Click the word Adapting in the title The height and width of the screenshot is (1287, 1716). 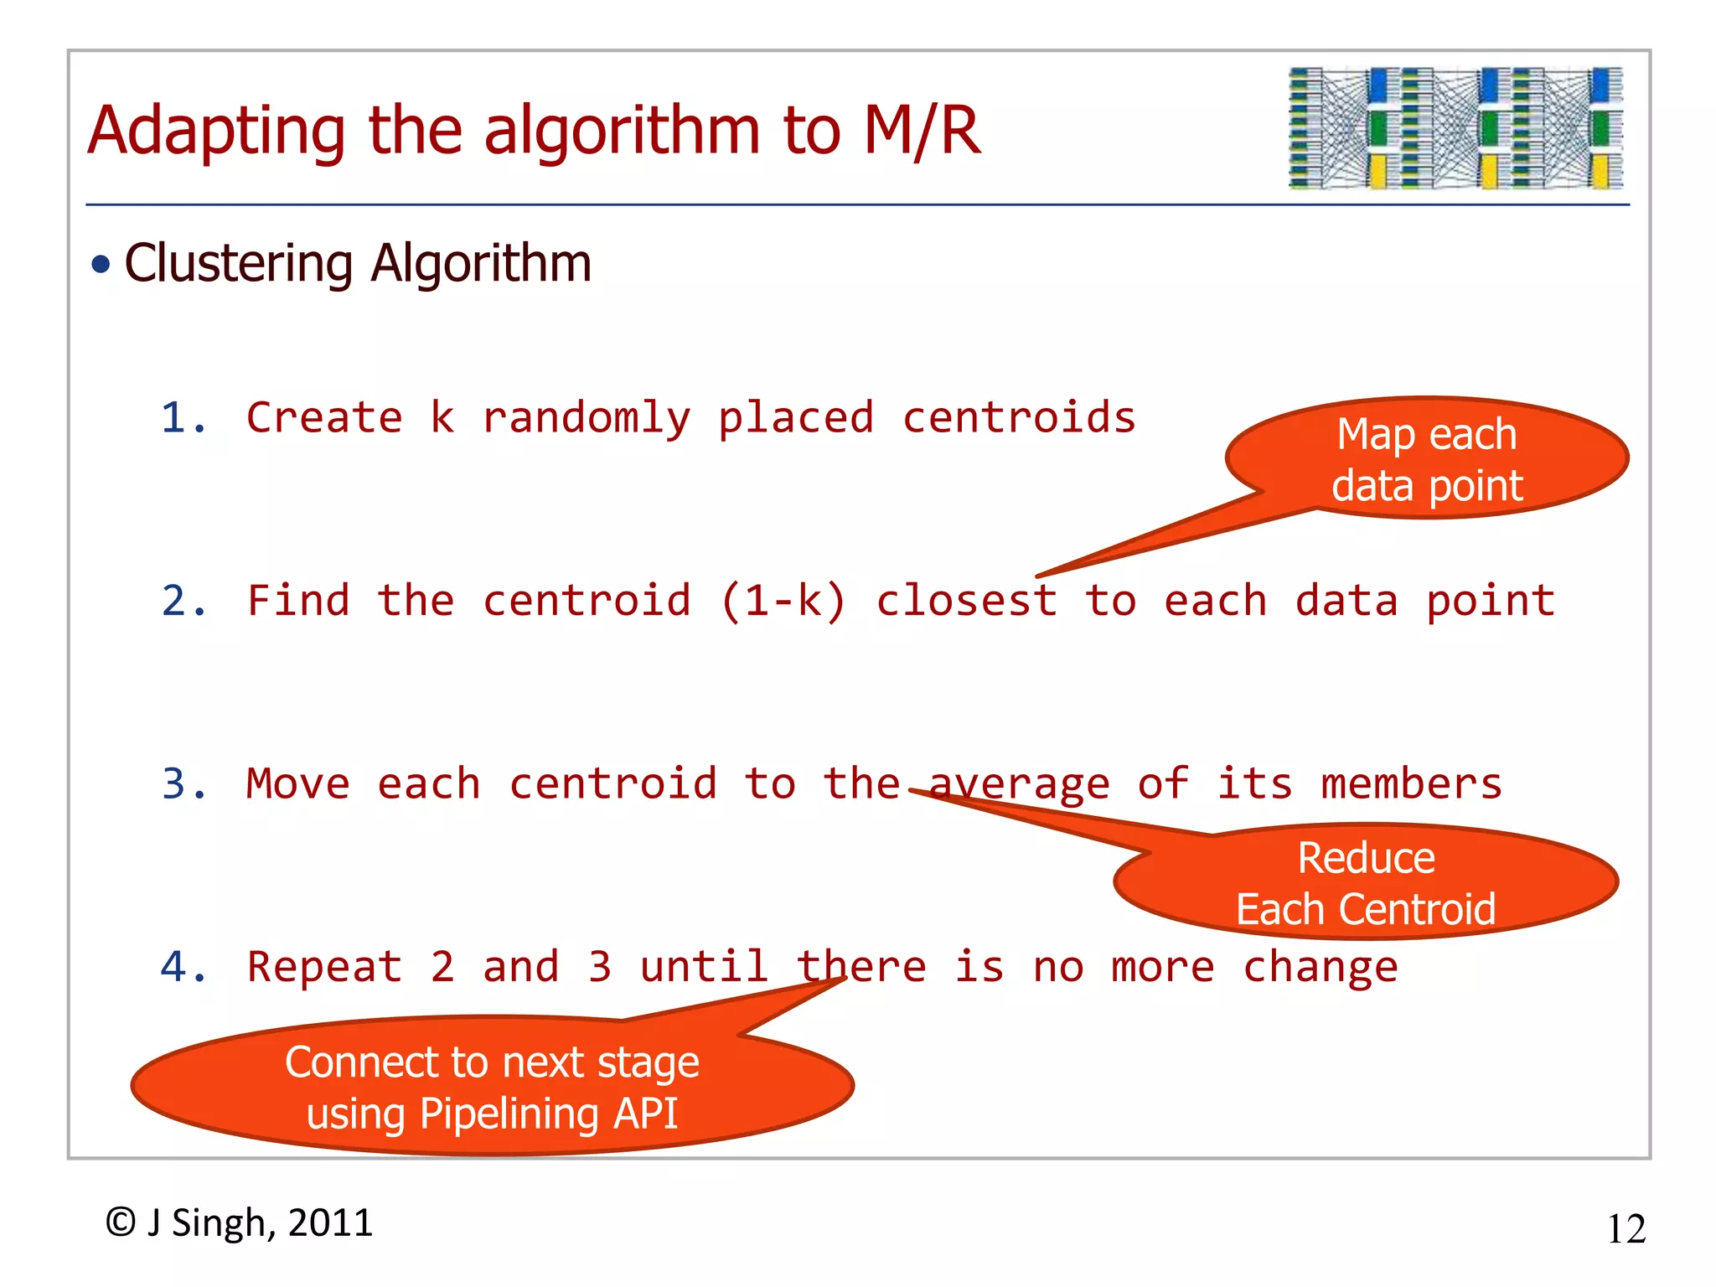coord(216,132)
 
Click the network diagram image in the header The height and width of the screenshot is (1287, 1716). coord(1455,128)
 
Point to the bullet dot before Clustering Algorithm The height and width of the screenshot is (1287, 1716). coord(101,266)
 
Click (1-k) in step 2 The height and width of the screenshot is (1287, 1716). coord(783,601)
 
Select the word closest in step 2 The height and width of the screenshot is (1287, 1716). coord(966,601)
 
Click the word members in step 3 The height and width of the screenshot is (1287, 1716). coord(1411,784)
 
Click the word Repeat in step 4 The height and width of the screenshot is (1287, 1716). coord(325,967)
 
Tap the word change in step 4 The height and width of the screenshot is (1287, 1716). coord(1320,967)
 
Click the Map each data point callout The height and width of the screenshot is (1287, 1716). coord(1427,459)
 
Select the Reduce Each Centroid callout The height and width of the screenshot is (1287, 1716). coord(1366,882)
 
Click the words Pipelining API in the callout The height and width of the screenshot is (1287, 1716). coord(549,1114)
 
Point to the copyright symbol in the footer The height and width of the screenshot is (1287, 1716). coord(121,1222)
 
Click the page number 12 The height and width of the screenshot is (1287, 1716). coord(1626,1229)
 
